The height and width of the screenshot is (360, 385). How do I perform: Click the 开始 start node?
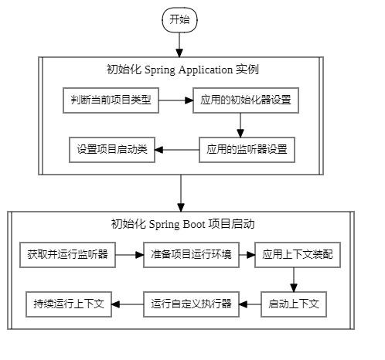tap(179, 20)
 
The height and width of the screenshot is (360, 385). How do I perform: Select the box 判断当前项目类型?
tap(111, 101)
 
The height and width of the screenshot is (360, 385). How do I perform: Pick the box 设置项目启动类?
tap(111, 149)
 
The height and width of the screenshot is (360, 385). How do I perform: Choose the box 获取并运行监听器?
tap(67, 255)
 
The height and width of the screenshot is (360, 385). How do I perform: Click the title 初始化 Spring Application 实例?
tap(182, 70)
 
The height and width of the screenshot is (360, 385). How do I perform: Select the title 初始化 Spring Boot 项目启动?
tap(183, 225)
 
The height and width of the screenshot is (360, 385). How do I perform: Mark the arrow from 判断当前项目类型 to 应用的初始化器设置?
tap(175, 101)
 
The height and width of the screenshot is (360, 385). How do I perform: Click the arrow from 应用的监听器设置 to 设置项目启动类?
tap(179, 150)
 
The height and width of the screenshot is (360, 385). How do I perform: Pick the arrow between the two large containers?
tap(181, 193)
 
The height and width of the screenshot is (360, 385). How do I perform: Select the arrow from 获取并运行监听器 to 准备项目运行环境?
tap(129, 255)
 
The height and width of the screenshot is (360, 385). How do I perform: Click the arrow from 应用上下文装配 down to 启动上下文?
tap(293, 279)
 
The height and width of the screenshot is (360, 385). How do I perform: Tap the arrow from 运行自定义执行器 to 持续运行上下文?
tap(128, 304)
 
